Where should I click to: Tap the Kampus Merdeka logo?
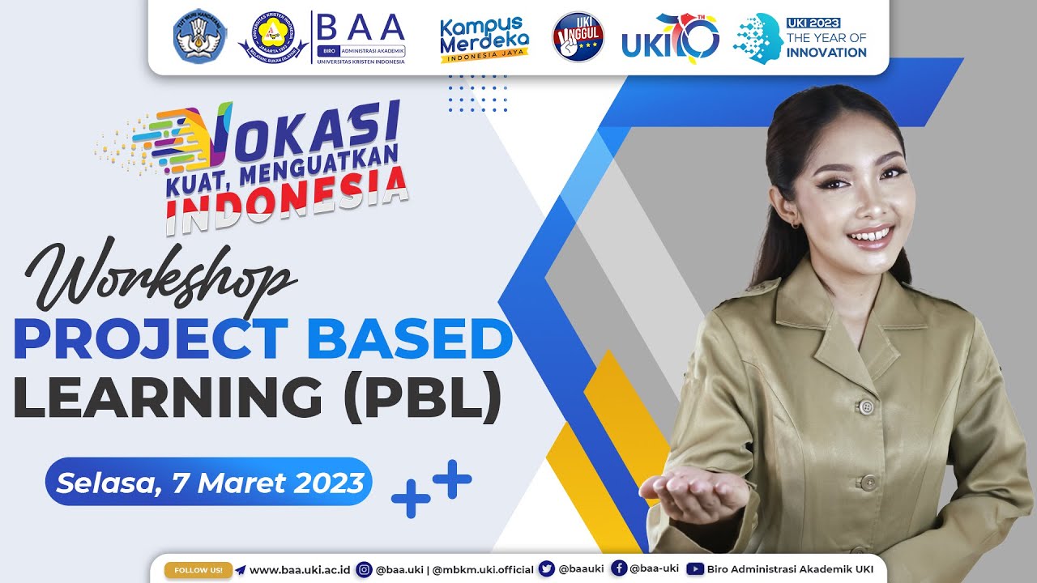tap(484, 38)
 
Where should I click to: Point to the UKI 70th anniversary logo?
tap(671, 37)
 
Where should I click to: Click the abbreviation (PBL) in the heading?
tap(422, 398)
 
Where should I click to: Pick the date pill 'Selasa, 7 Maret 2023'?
tap(209, 483)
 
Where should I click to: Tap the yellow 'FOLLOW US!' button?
tap(198, 569)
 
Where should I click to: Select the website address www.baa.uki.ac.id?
tap(300, 569)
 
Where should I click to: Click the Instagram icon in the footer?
tap(365, 569)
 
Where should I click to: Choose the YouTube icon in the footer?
tap(694, 569)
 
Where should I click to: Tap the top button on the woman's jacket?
tap(866, 406)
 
